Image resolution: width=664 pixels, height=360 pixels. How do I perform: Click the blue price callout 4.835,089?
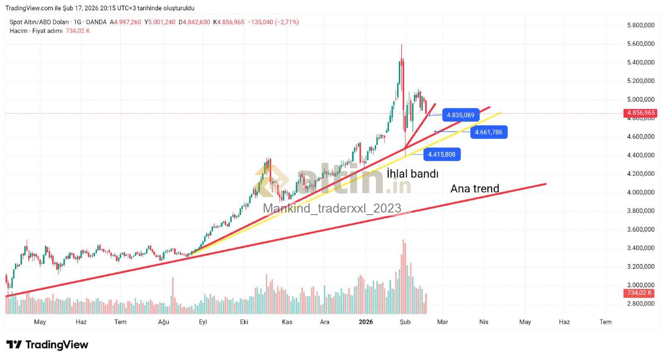pyautogui.click(x=460, y=115)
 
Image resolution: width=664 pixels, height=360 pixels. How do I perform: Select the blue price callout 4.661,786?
pyautogui.click(x=488, y=132)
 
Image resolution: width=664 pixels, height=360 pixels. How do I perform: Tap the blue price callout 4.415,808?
pyautogui.click(x=442, y=154)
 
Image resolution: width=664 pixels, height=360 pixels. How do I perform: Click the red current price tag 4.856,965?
pyautogui.click(x=641, y=113)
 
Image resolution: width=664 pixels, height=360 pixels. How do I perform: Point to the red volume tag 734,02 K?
pyautogui.click(x=640, y=293)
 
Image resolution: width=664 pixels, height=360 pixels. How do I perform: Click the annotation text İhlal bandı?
pyautogui.click(x=412, y=174)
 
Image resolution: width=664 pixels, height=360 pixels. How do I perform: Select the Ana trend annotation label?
pyautogui.click(x=475, y=189)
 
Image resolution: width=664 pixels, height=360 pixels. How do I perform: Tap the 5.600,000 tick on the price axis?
pyautogui.click(x=640, y=44)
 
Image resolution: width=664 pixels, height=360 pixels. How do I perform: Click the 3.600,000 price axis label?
pyautogui.click(x=640, y=229)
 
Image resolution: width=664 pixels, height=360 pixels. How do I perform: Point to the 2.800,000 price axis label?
pyautogui.click(x=640, y=304)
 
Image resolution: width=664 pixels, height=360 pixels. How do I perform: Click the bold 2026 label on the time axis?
pyautogui.click(x=366, y=322)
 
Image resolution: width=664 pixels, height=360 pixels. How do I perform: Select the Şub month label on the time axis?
pyautogui.click(x=405, y=322)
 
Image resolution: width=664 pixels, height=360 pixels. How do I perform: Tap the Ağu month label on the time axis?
pyautogui.click(x=164, y=322)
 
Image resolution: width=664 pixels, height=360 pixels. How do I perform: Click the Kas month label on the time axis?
pyautogui.click(x=287, y=322)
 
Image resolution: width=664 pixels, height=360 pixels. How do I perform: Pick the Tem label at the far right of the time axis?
pyautogui.click(x=605, y=322)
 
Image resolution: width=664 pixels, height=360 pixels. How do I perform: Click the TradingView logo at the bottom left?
pyautogui.click(x=47, y=345)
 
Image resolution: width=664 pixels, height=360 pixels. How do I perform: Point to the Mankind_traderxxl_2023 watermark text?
pyautogui.click(x=332, y=208)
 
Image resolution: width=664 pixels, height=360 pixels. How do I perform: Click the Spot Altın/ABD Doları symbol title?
pyautogui.click(x=39, y=22)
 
